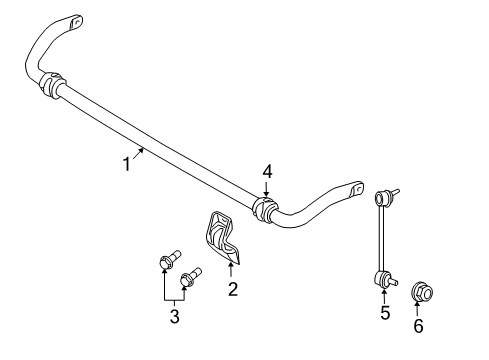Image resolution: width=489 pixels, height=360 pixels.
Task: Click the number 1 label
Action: (x=127, y=164)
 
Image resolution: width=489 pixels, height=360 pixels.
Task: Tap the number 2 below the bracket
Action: (x=232, y=289)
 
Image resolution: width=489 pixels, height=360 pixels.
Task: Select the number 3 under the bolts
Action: (x=174, y=317)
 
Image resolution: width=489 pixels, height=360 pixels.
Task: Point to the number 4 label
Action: (x=267, y=171)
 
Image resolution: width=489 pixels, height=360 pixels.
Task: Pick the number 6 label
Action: (x=418, y=325)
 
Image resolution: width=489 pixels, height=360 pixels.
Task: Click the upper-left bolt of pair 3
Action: (x=167, y=263)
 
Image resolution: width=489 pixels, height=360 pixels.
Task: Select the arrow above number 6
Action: (x=418, y=308)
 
